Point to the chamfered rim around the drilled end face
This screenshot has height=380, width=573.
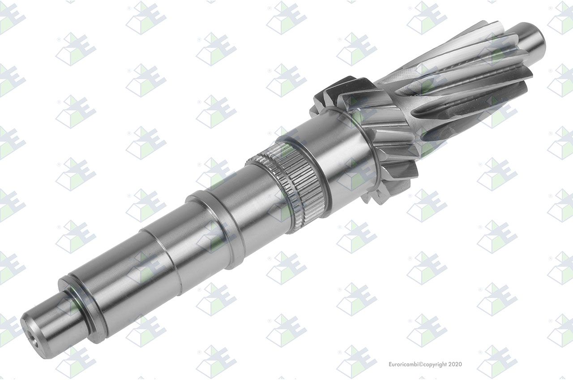click(34, 338)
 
